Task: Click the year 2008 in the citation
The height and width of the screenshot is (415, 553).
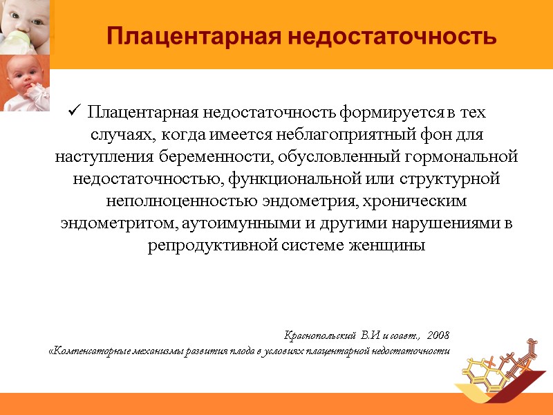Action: click(x=438, y=335)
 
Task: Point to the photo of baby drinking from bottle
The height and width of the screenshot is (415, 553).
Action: click(x=26, y=26)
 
